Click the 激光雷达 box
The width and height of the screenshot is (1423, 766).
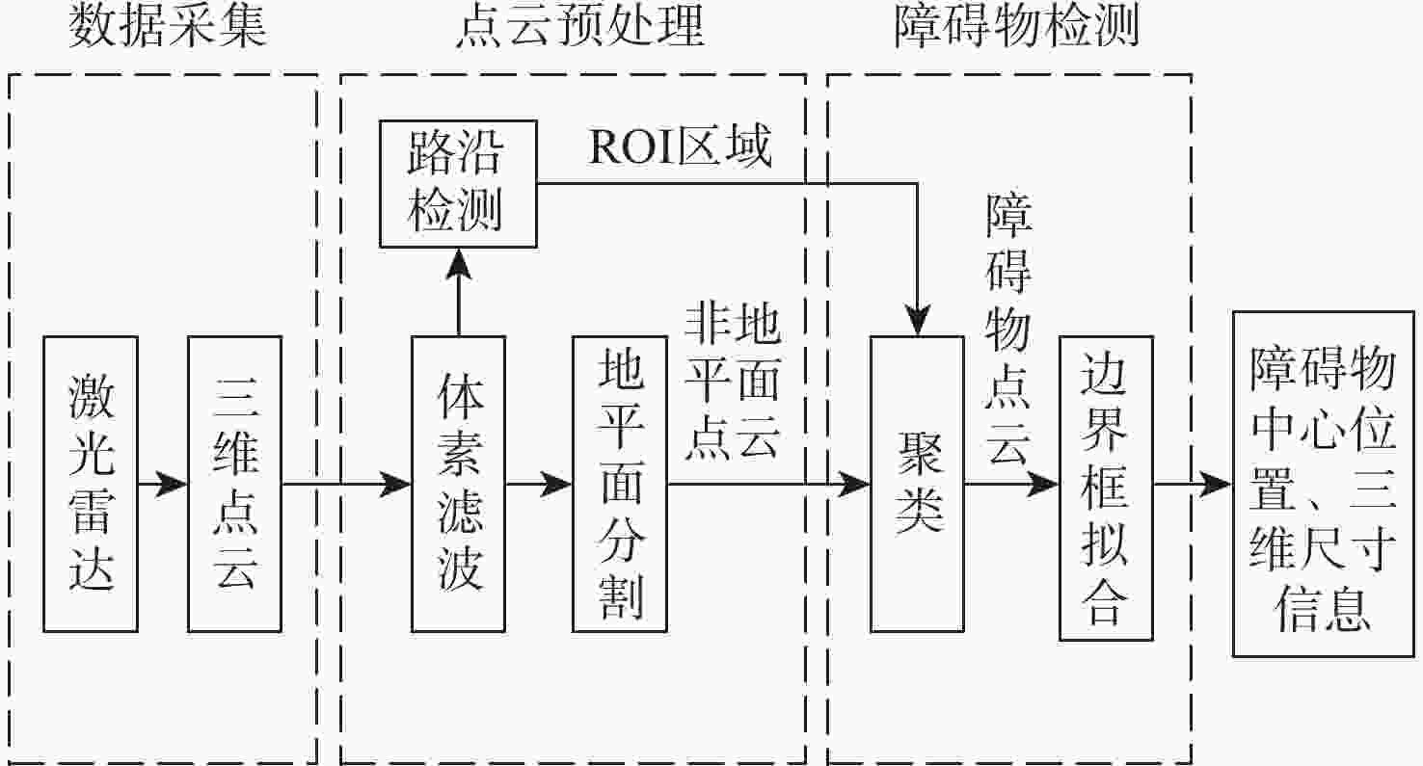pos(91,484)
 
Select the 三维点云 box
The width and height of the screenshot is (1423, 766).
pos(234,484)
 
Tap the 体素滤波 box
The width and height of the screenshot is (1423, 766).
pos(458,484)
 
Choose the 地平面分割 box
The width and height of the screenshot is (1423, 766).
pos(619,484)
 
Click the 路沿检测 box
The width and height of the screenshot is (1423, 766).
pos(457,184)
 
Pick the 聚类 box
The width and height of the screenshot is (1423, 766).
pos(917,484)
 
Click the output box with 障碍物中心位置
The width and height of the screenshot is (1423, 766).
pos(1327,484)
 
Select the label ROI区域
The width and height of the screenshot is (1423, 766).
pos(681,146)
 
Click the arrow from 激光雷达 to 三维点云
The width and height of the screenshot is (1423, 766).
pos(162,484)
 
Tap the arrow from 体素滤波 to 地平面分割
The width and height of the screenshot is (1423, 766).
pos(538,484)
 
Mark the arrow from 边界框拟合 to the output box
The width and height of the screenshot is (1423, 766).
pos(1194,484)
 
